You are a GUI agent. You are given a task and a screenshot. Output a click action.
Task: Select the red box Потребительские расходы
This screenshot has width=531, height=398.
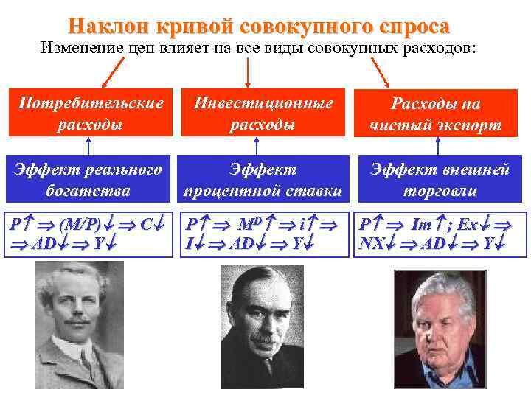pos(88,113)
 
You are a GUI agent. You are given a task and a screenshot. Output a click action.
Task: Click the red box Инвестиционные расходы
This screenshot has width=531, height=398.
pos(262,113)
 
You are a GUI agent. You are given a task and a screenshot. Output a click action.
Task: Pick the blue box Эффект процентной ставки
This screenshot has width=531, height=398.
pos(262,179)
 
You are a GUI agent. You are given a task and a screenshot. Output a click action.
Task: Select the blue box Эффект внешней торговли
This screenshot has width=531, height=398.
pos(440,179)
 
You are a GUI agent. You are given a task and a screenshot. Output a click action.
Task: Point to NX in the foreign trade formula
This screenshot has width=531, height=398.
pos(371,242)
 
